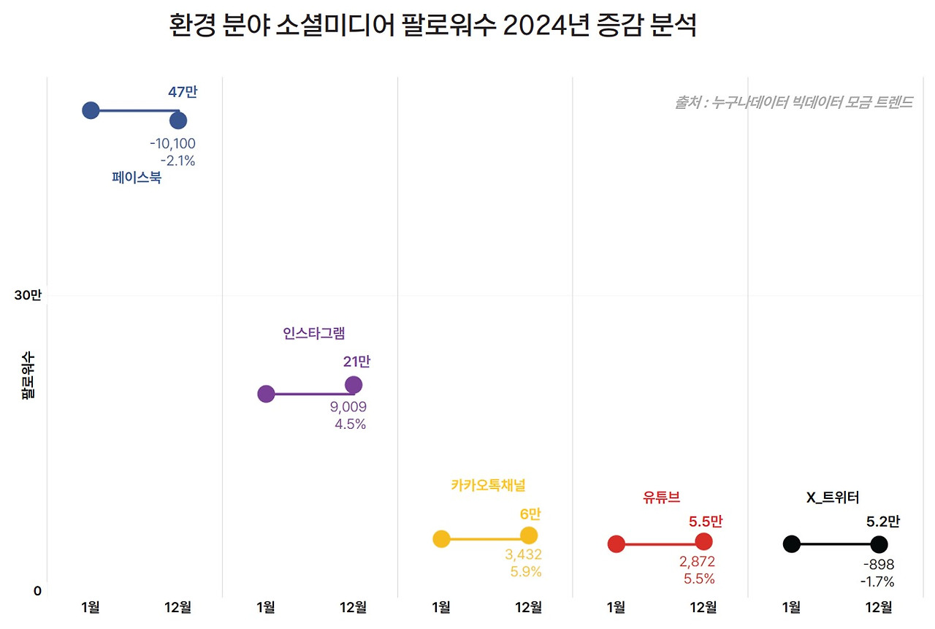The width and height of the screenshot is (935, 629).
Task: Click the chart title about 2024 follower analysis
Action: pyautogui.click(x=432, y=26)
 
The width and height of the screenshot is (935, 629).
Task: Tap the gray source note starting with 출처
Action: pyautogui.click(x=793, y=102)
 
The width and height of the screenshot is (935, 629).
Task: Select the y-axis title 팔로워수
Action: pyautogui.click(x=28, y=375)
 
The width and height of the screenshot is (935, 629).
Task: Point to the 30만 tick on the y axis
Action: pyautogui.click(x=28, y=295)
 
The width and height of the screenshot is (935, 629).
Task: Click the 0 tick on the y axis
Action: pyautogui.click(x=37, y=591)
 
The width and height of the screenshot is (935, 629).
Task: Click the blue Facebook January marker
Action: pyautogui.click(x=91, y=110)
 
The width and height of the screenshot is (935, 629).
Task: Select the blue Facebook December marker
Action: pyautogui.click(x=178, y=121)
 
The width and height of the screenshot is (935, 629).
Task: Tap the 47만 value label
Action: pyautogui.click(x=183, y=92)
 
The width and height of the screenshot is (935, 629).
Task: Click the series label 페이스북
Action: pyautogui.click(x=137, y=178)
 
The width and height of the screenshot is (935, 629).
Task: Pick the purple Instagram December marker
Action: pyautogui.click(x=354, y=385)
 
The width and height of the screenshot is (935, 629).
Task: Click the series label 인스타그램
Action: pyautogui.click(x=313, y=333)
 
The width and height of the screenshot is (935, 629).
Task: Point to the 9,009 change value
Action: pyautogui.click(x=348, y=407)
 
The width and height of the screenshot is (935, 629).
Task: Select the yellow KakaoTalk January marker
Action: pyautogui.click(x=441, y=539)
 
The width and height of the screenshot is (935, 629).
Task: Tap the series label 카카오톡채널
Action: pyautogui.click(x=488, y=485)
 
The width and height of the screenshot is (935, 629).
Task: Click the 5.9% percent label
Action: pyautogui.click(x=526, y=572)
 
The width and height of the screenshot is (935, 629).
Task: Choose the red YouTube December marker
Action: pyautogui.click(x=703, y=541)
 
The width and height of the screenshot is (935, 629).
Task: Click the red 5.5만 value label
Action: pyautogui.click(x=705, y=522)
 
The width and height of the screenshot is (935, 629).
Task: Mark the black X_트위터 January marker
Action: pyautogui.click(x=791, y=544)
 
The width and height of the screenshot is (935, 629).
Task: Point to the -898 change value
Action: pyautogui.click(x=878, y=565)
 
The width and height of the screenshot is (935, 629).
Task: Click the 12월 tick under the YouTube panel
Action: pyautogui.click(x=703, y=607)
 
